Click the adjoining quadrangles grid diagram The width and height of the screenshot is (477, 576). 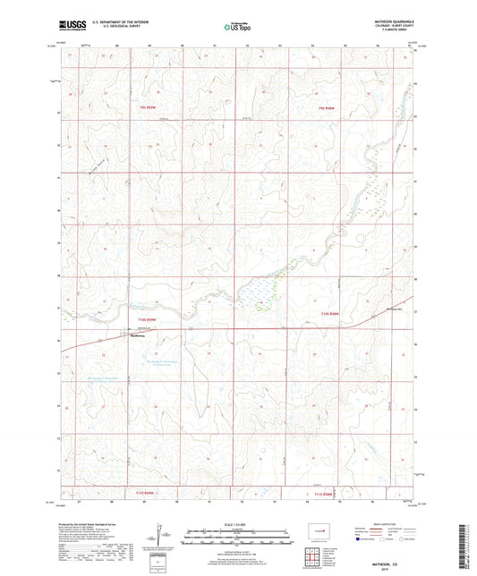pos(312,559)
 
